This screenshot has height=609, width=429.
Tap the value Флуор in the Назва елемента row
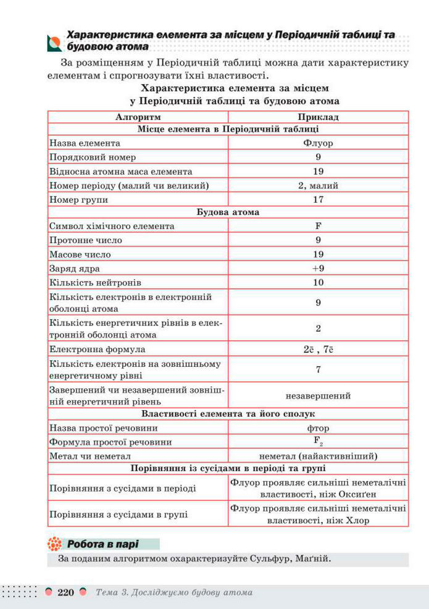click(318, 143)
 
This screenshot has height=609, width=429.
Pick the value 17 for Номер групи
click(318, 199)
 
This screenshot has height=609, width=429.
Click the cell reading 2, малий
click(318, 185)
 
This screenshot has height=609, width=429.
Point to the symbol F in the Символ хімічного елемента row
click(318, 226)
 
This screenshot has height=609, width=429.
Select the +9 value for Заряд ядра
click(318, 269)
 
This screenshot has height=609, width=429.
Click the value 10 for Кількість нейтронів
click(318, 283)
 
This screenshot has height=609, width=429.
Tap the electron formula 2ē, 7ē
click(318, 350)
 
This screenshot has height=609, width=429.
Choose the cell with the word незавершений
click(318, 396)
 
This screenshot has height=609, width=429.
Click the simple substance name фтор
click(318, 428)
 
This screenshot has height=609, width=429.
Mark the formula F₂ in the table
click(318, 442)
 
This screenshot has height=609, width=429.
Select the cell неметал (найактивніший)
click(318, 456)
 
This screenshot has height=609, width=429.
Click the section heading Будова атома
click(228, 212)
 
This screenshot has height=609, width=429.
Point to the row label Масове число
click(80, 254)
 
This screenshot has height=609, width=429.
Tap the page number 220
click(65, 593)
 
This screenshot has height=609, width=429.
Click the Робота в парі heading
click(102, 544)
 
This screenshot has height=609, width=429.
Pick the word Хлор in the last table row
click(357, 521)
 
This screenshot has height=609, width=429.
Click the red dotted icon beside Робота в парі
click(55, 544)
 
